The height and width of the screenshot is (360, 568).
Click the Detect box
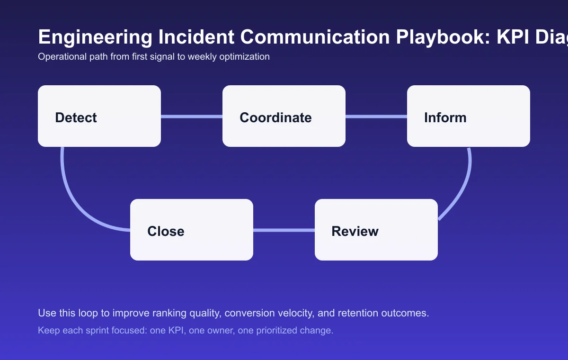(x=99, y=116)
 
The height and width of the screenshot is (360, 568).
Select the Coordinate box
(x=284, y=116)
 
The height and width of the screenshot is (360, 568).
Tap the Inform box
(x=469, y=116)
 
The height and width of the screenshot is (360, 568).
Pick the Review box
(x=376, y=230)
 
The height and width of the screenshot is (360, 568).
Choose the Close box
(x=192, y=230)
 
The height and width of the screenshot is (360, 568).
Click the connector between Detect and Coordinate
(x=192, y=117)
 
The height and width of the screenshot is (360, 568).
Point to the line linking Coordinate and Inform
(x=376, y=117)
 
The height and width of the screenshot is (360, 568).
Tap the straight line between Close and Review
(x=284, y=230)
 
